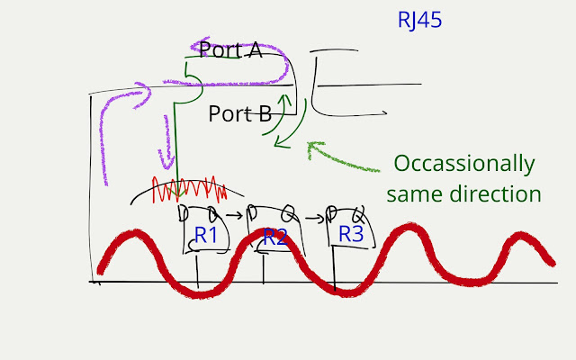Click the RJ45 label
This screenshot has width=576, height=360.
coord(419,20)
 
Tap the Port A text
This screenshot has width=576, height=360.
coord(230,50)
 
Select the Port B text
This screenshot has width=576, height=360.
coord(239,114)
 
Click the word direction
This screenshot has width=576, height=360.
coord(498,193)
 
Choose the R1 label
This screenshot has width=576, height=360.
coord(206,236)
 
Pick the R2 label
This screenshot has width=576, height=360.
coord(274,238)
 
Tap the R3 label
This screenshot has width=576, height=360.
coord(351,234)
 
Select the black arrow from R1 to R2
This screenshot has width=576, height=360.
coord(233,216)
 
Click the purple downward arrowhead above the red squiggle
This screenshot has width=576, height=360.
coord(165,162)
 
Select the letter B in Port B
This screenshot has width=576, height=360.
coord(265,114)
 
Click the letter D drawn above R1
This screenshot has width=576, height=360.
coord(184,213)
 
